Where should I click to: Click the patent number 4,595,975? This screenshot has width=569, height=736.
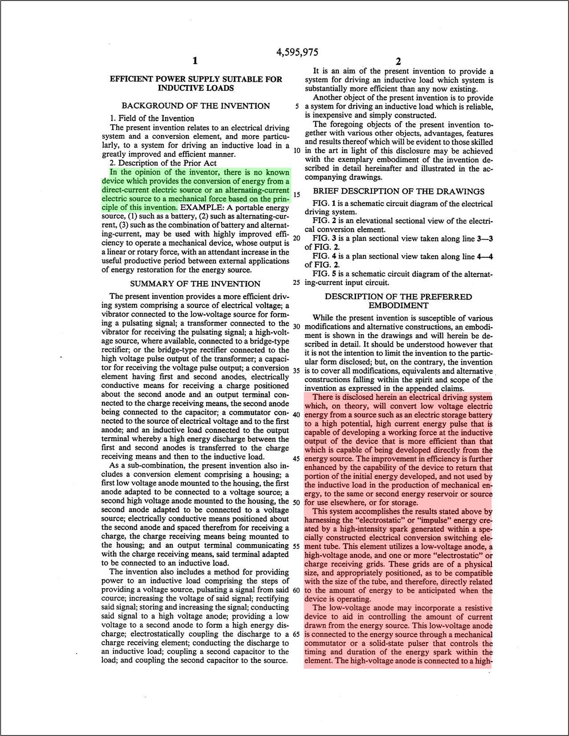pos(297,52)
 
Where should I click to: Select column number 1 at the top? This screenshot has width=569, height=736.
pos(195,61)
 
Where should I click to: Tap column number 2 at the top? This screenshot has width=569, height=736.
pos(398,61)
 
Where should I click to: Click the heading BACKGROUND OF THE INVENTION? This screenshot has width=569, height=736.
pos(195,106)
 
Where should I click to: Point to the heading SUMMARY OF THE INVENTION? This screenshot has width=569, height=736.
pos(195,284)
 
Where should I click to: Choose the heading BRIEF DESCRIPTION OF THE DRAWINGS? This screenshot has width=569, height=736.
pos(398,191)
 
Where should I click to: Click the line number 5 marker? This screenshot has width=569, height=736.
pos(297,107)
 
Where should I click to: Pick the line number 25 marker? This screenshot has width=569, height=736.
pos(297,282)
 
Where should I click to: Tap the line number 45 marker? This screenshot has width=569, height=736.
pos(297,459)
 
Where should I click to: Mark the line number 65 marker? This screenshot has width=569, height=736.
pos(297,634)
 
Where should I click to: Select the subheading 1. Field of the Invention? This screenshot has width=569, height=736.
pos(152,118)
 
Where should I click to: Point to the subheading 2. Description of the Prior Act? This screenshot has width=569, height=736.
pos(163,163)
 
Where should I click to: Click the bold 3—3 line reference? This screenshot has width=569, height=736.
pos(484,239)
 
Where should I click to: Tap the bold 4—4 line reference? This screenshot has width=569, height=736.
pos(484,256)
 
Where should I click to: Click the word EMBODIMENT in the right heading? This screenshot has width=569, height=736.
pos(398,305)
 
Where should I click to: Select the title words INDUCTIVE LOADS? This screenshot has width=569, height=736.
pos(195,88)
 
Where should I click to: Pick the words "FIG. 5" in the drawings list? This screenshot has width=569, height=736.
pos(323,274)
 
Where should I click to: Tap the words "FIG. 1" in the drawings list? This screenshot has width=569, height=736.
pos(323,204)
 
